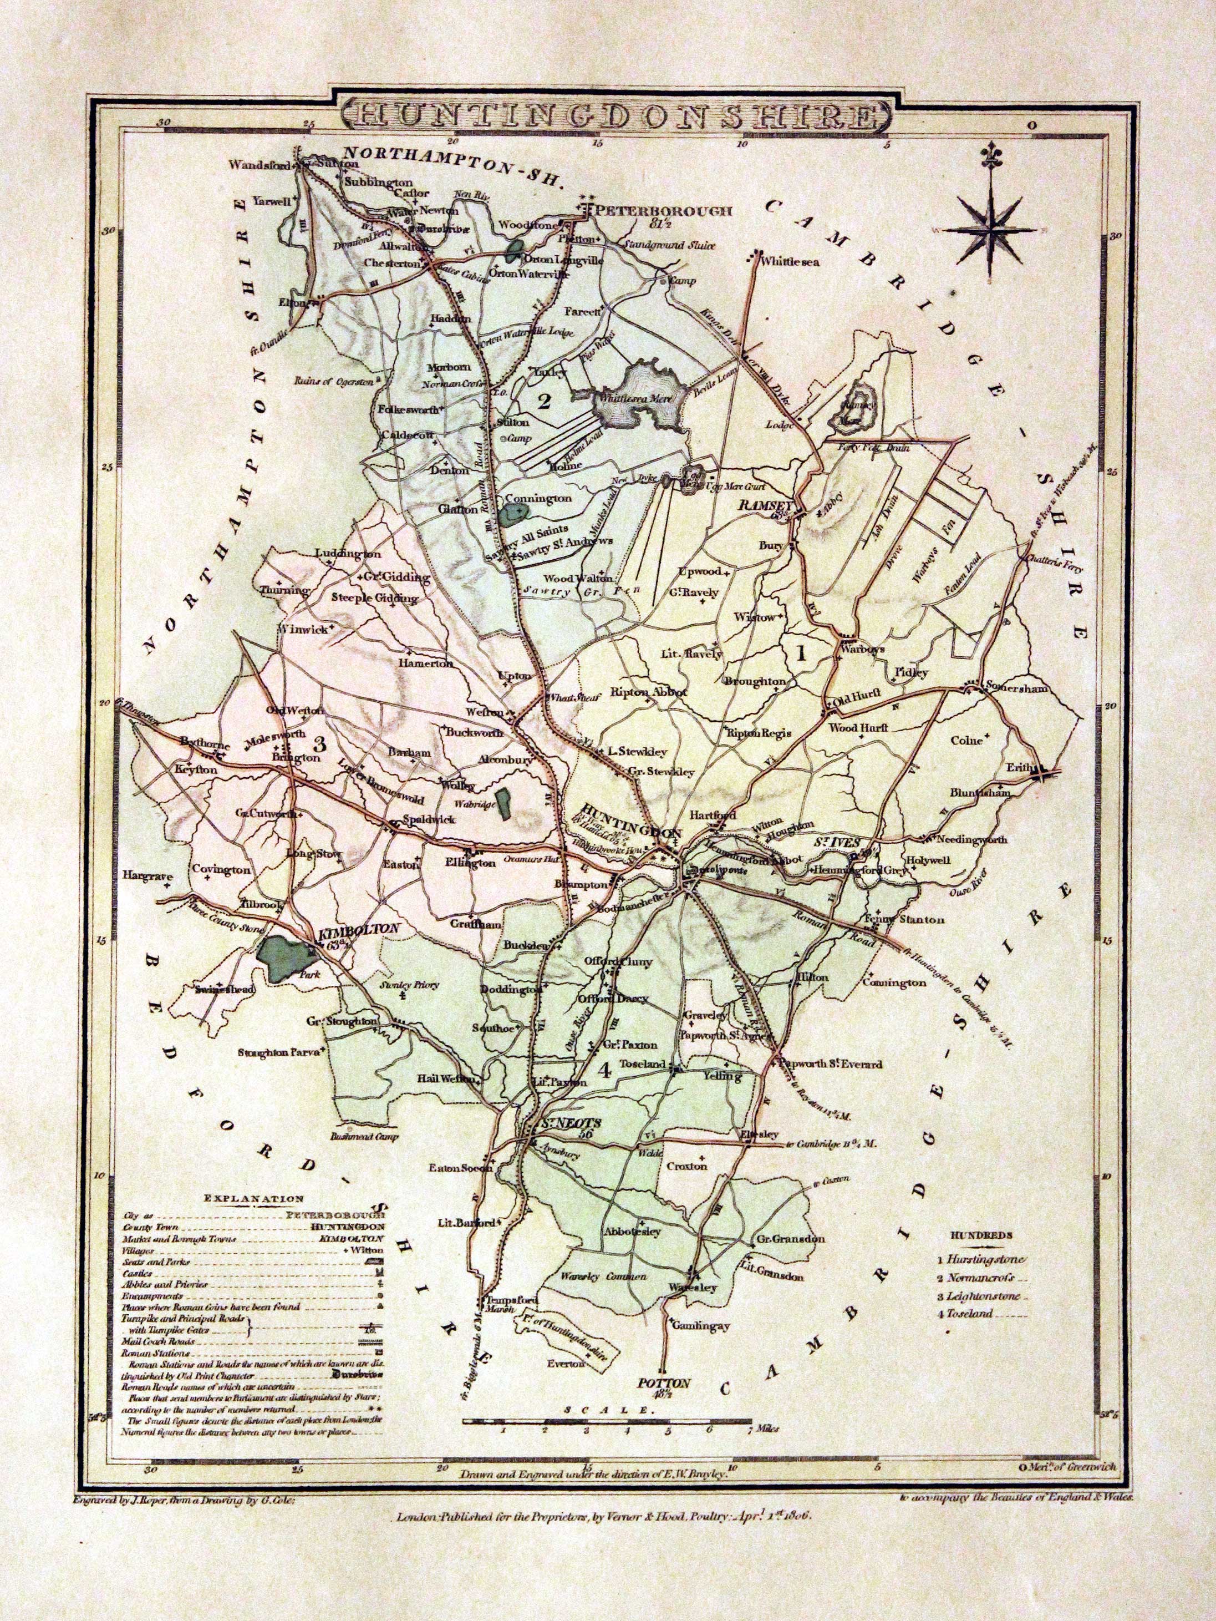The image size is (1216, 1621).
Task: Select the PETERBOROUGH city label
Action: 663,211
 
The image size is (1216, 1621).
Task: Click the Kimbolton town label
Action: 358,929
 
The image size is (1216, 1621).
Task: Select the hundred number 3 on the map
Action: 319,744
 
